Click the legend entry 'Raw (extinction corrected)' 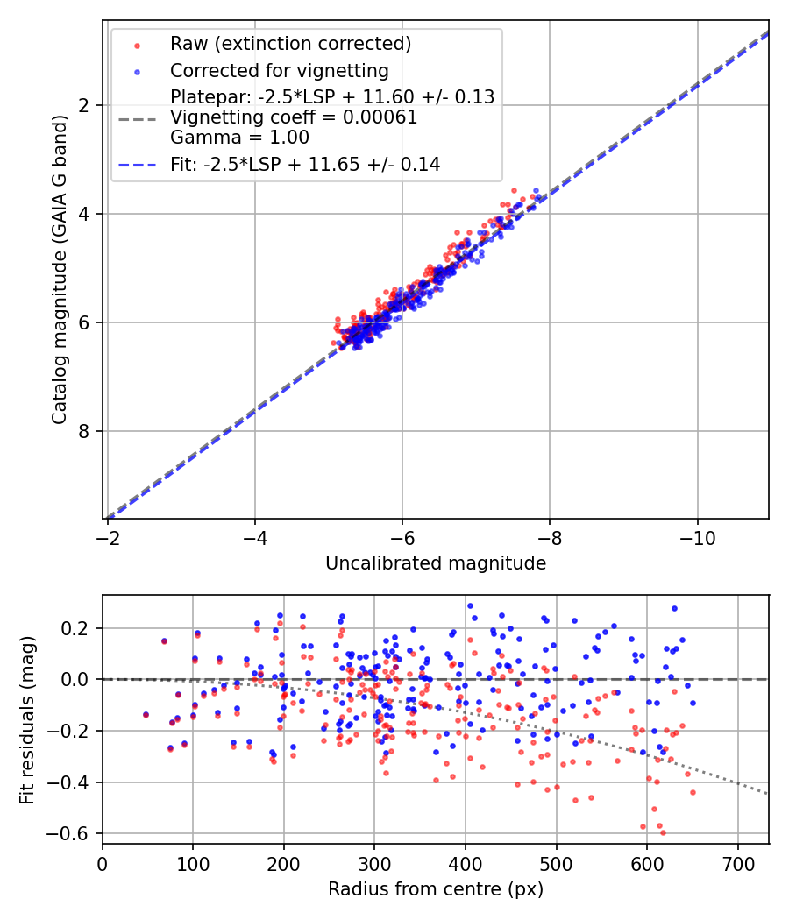[290, 44]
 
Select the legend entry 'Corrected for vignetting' [280, 70]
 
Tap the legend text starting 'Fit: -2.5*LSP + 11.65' [305, 164]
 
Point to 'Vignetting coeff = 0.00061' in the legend [294, 117]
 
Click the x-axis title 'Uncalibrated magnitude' [436, 563]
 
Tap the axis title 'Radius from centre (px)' [436, 889]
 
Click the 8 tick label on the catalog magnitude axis [85, 431]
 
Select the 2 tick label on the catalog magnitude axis [85, 105]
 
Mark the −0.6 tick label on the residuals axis [72, 833]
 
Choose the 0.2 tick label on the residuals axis [76, 628]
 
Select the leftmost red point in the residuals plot [146, 715]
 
